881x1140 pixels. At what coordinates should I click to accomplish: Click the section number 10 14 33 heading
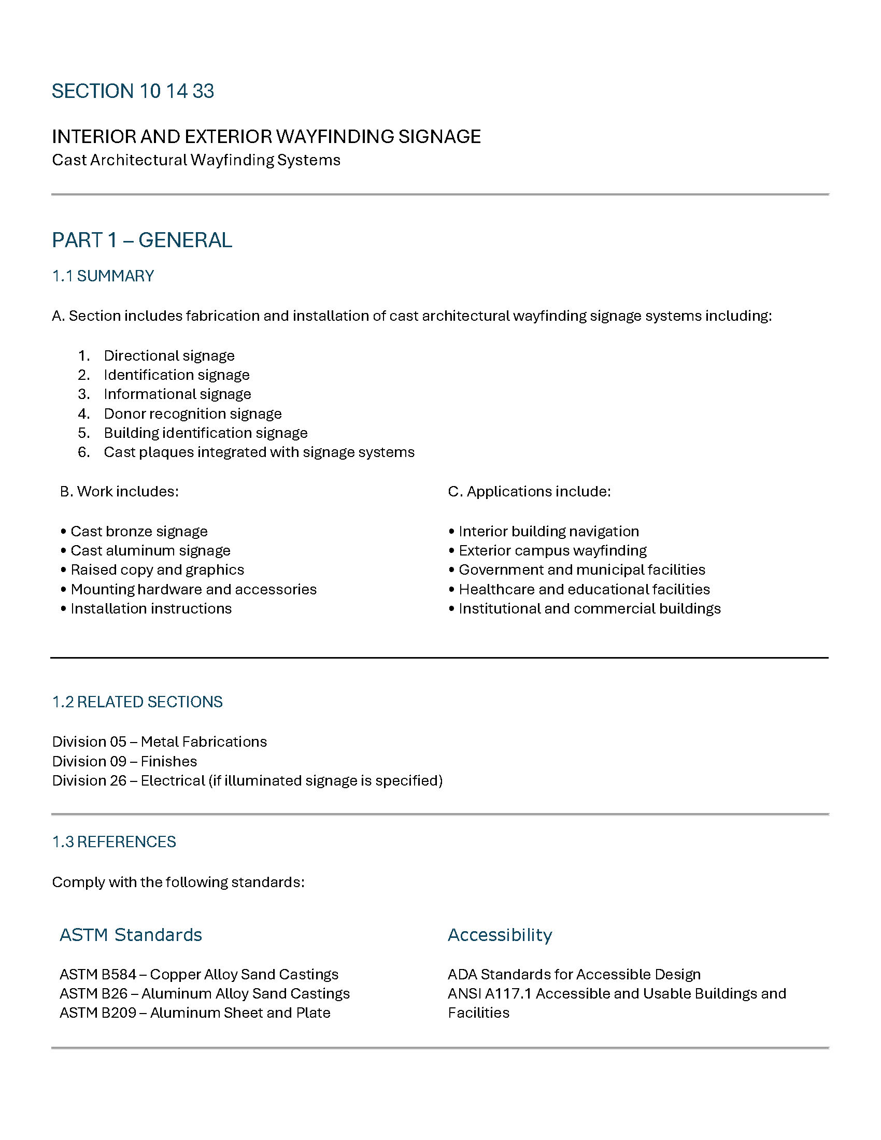point(133,91)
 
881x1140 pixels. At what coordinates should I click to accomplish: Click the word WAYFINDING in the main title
point(334,137)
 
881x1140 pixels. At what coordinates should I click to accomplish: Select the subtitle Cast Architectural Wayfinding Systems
point(196,160)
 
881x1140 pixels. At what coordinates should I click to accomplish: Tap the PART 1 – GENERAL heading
point(141,240)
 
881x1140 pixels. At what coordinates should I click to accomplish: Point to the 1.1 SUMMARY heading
point(103,276)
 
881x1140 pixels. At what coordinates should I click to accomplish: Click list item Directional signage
point(169,356)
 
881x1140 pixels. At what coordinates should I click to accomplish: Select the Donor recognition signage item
point(193,414)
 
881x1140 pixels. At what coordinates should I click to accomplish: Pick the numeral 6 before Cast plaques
point(83,452)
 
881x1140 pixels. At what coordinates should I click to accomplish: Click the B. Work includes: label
point(119,492)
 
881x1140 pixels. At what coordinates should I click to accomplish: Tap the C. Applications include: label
point(529,492)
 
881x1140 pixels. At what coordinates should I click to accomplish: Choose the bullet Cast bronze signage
point(139,531)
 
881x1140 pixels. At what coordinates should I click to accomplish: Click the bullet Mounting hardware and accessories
point(194,589)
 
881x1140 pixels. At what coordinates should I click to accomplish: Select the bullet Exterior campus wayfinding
point(552,551)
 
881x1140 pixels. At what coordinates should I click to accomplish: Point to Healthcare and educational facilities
point(584,589)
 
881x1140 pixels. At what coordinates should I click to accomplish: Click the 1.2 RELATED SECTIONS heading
point(137,702)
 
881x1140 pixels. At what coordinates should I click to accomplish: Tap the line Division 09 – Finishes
point(124,762)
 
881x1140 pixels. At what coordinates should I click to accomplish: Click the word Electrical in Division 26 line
point(173,781)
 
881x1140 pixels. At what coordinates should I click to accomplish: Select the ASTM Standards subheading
point(131,935)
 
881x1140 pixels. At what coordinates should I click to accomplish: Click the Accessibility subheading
point(500,935)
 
